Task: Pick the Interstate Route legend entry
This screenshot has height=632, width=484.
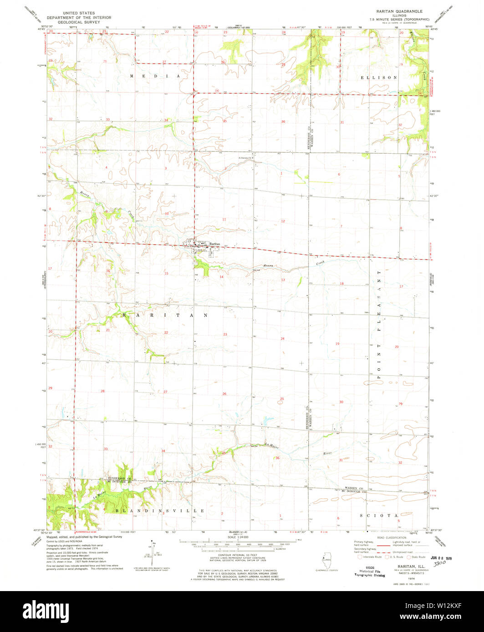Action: pyautogui.click(x=368, y=557)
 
